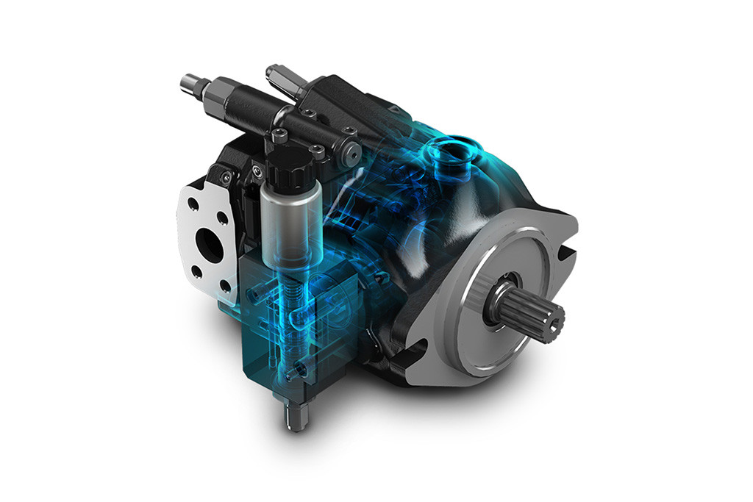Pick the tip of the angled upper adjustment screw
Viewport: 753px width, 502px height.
[271, 71]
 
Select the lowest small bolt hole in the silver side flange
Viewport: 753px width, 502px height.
[197, 272]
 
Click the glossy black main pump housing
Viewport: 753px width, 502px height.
[412, 243]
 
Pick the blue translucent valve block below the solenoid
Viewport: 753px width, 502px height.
[279, 331]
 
